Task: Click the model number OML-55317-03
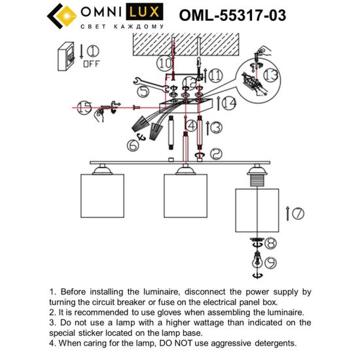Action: (232, 15)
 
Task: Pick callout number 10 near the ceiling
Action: (164, 63)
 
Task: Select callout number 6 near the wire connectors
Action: (134, 147)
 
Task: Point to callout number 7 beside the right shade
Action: (295, 213)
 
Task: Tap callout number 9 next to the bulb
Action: (270, 263)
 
